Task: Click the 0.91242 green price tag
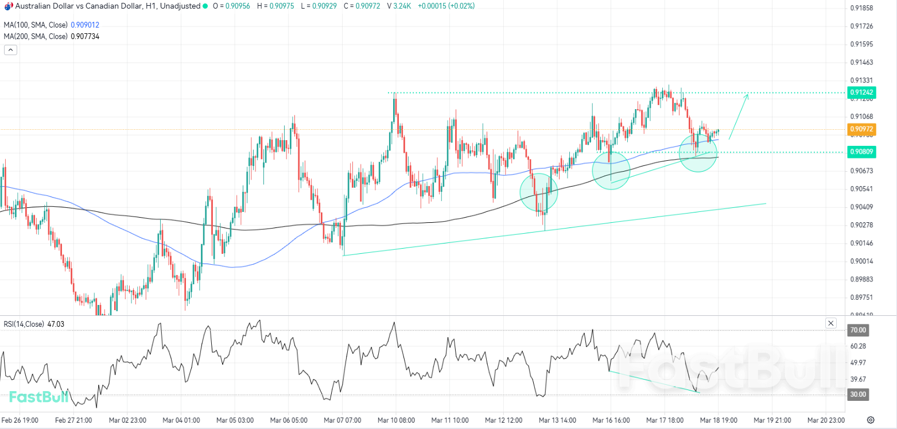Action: point(862,92)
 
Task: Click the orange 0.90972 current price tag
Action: point(862,129)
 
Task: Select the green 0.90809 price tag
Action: point(862,152)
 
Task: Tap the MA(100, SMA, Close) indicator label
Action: point(35,25)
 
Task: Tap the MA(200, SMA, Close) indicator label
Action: point(35,36)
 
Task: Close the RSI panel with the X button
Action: point(830,323)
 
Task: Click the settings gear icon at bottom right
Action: point(871,420)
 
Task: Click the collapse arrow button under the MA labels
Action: point(10,50)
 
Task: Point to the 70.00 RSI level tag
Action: point(857,330)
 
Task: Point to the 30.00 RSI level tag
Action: point(857,395)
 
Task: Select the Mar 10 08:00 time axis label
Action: point(396,420)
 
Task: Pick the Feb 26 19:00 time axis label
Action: point(20,420)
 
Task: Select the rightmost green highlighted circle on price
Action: point(698,153)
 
